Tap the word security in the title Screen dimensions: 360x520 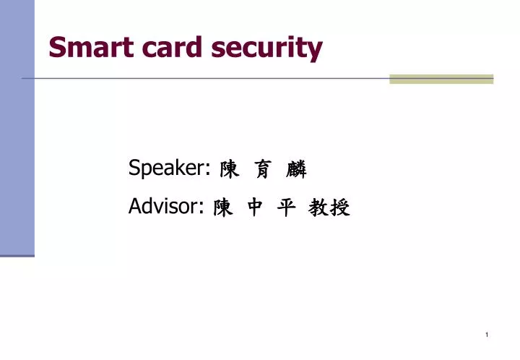coord(266,49)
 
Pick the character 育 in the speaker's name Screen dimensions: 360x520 coord(261,171)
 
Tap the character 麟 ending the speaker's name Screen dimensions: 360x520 coord(296,171)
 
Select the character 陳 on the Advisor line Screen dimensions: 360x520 coord(223,209)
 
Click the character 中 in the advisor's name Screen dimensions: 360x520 coord(256,209)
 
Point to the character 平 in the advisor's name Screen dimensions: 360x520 coord(287,209)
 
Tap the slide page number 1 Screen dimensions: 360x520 coord(488,335)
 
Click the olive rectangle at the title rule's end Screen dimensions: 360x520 coord(441,79)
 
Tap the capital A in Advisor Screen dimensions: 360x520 coord(135,207)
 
